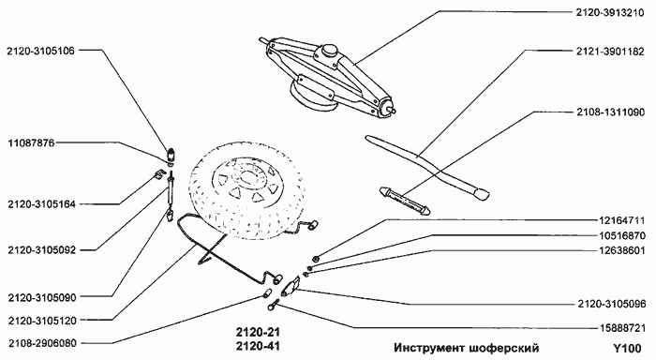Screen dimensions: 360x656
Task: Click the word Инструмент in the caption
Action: (431, 347)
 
